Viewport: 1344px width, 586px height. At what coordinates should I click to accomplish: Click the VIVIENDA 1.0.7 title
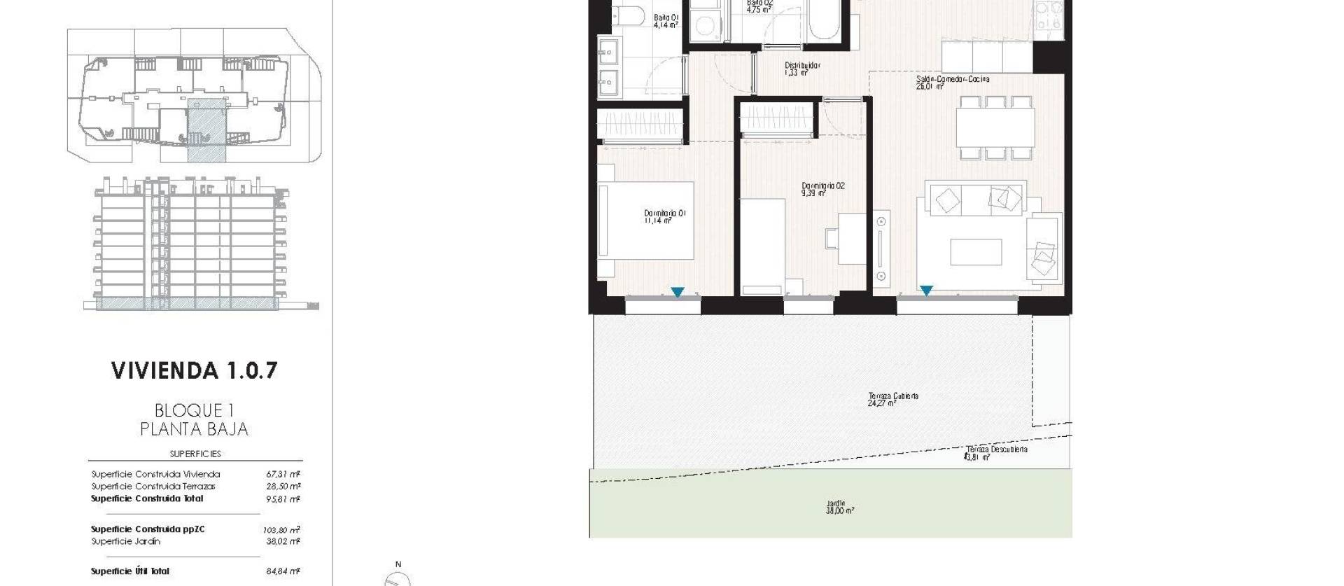click(x=195, y=370)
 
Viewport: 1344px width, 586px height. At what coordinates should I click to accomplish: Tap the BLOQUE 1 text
click(x=194, y=410)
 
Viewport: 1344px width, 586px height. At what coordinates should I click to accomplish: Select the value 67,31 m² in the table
click(x=283, y=474)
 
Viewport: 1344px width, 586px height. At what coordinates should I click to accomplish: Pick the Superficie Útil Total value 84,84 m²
click(x=283, y=571)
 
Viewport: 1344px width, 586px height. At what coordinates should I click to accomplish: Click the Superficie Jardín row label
click(x=126, y=541)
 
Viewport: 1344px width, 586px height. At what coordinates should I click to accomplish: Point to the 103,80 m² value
click(x=283, y=530)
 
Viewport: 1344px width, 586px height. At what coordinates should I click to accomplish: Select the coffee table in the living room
click(x=976, y=252)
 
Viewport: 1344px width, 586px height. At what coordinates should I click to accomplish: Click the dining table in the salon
click(x=995, y=127)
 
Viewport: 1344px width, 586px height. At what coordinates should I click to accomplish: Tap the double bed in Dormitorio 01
click(x=647, y=221)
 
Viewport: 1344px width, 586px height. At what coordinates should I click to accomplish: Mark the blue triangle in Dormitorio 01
click(x=677, y=292)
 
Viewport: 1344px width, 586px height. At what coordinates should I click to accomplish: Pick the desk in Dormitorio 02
click(x=852, y=238)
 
